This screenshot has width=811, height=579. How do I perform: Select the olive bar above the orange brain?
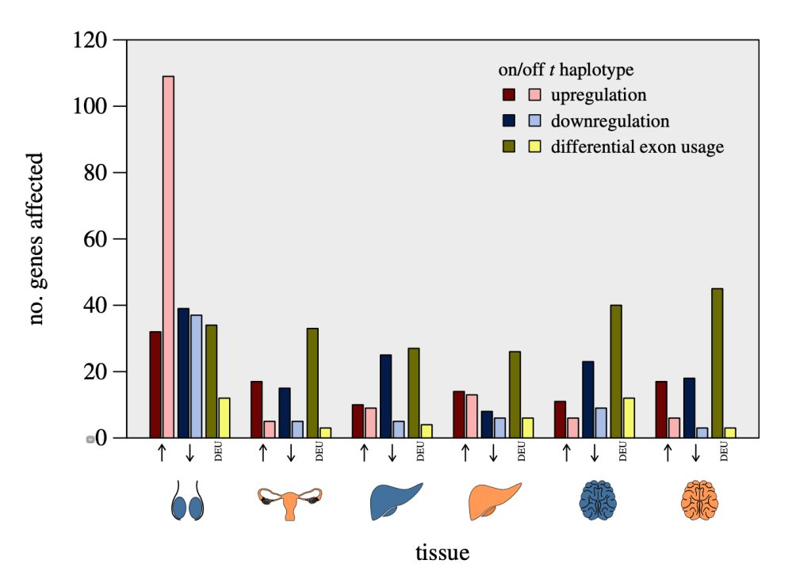(717, 363)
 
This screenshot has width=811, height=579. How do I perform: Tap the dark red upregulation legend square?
(509, 95)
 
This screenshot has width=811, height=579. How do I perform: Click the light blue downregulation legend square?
(535, 121)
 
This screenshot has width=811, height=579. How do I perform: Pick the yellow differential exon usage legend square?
(535, 147)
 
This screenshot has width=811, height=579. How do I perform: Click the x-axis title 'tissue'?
(442, 552)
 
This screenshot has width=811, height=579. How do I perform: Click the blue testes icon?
(188, 501)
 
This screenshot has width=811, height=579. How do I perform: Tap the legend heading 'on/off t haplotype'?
(565, 70)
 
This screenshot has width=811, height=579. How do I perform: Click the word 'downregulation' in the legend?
(610, 121)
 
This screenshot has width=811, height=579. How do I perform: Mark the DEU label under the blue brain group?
(623, 452)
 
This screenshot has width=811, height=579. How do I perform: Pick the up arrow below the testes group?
(162, 452)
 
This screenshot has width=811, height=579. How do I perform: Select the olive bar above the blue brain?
(616, 371)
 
